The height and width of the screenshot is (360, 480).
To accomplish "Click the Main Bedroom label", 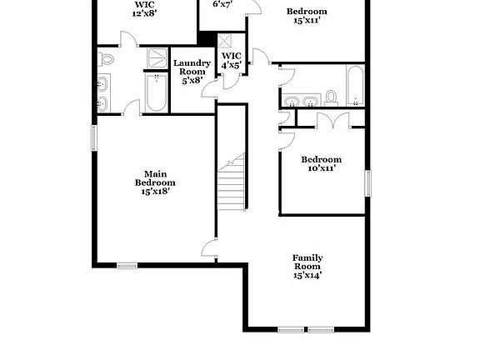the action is [155, 182].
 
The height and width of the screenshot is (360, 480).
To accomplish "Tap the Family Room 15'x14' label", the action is [307, 267].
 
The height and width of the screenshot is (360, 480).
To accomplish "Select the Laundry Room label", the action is [192, 72].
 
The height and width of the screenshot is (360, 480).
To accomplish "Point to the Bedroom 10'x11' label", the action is [322, 163].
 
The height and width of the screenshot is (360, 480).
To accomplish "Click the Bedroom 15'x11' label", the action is [307, 16].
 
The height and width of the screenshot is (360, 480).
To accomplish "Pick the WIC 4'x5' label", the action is [232, 60].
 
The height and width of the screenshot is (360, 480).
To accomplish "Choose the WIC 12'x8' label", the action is [144, 9].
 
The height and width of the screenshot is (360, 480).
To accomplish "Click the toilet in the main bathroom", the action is [106, 59].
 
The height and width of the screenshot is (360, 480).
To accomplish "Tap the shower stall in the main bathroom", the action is [157, 57].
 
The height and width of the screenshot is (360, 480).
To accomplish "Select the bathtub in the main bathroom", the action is [157, 92].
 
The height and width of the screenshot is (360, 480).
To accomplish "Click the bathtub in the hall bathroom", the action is [355, 85].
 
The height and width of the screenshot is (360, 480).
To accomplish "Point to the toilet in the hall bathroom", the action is [331, 98].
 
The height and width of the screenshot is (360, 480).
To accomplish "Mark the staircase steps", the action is [232, 182].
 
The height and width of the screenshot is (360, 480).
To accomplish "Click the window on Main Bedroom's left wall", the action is [94, 137].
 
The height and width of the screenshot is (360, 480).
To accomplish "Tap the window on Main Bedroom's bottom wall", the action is [127, 266].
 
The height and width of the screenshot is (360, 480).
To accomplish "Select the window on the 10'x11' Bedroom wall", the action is [367, 183].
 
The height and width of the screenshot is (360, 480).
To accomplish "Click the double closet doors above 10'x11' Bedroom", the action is [333, 120].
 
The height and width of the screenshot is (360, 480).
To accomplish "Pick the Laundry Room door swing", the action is [209, 89].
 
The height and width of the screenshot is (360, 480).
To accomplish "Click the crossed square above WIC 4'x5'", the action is [225, 41].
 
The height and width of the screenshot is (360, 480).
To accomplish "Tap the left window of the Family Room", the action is [291, 330].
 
